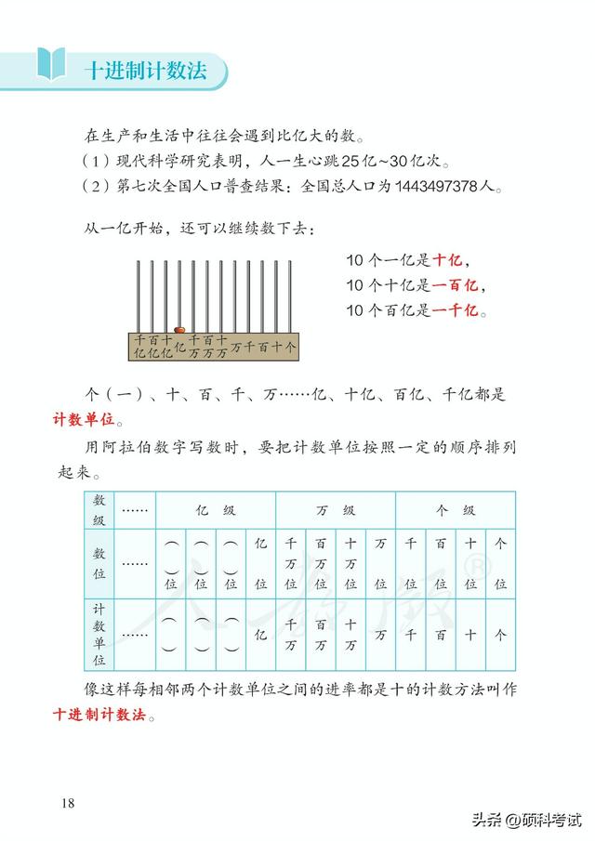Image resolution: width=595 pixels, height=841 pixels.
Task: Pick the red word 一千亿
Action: pos(457,310)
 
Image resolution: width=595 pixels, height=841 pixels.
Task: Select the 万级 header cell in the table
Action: pos(335,510)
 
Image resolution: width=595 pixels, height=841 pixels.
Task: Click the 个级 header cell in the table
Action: pos(456,510)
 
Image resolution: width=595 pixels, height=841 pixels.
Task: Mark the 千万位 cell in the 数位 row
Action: pos(290,563)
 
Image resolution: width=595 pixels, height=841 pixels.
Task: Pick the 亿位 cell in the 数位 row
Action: pos(260,563)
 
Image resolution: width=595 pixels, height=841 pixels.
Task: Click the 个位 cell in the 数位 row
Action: pos(500,563)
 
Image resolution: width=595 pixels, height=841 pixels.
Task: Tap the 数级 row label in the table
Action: pos(99,510)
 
